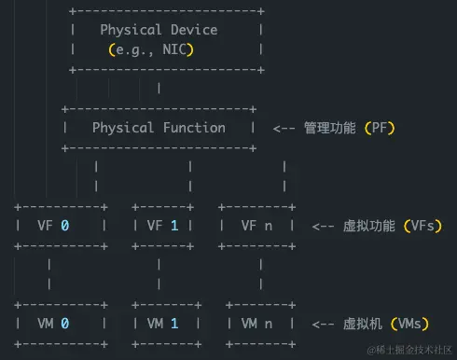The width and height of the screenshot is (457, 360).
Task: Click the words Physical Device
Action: pos(159,30)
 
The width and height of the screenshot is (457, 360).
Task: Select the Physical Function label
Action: pos(159,127)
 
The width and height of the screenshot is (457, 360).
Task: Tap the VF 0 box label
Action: pos(53,225)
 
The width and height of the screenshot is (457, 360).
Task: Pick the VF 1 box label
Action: pos(162,225)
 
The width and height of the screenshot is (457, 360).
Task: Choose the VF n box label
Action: pos(256,225)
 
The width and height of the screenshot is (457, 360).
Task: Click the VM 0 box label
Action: pos(53,324)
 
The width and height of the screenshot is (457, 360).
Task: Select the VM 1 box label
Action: pos(162,324)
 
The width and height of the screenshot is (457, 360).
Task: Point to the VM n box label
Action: pos(256,324)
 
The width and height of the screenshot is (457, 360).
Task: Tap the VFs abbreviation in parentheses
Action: pos(422,226)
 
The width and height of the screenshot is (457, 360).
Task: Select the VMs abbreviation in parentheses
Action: pos(411,324)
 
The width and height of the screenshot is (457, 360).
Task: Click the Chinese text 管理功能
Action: pos(330,128)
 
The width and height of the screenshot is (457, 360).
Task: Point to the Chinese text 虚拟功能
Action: pos(369,226)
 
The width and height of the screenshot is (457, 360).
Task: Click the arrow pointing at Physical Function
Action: pos(284,128)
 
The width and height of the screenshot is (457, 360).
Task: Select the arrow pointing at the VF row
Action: pos(323,226)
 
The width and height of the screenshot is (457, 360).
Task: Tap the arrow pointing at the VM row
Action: pos(323,324)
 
